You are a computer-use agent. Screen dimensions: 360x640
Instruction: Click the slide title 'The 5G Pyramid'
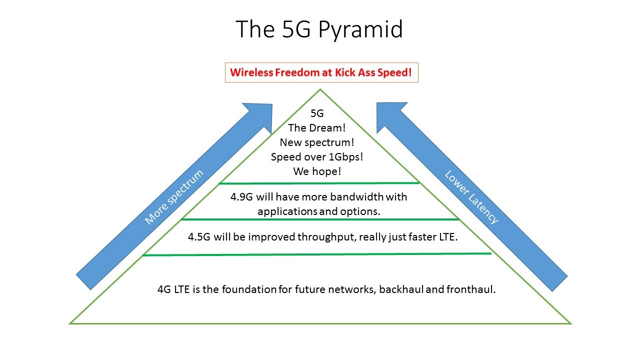[x=319, y=29]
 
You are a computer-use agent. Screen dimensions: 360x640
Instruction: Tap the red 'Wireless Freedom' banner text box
[x=321, y=72]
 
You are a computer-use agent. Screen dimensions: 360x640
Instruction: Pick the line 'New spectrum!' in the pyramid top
[x=316, y=142]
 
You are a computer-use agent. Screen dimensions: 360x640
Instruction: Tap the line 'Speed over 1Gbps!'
[x=316, y=156]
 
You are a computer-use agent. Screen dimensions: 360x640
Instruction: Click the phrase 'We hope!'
[x=316, y=171]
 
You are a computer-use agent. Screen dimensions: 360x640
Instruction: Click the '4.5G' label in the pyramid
[x=199, y=237]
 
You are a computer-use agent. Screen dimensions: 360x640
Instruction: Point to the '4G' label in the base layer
[x=164, y=289]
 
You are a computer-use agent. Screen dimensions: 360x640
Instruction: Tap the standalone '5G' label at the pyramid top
[x=317, y=114]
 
